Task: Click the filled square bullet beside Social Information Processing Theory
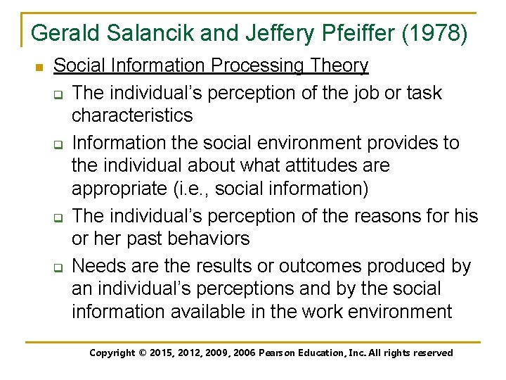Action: click(39, 68)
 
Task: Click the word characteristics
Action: click(131, 115)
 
